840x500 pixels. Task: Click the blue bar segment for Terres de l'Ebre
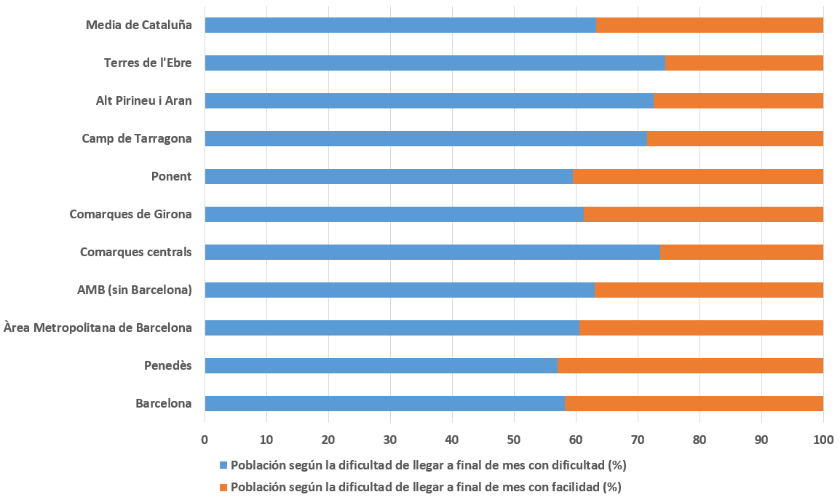click(435, 63)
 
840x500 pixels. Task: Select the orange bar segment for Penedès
click(690, 365)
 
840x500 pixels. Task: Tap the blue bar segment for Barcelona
click(384, 403)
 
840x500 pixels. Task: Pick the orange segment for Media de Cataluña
click(710, 25)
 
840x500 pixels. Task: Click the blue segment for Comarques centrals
click(432, 252)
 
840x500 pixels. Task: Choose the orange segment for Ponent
click(698, 176)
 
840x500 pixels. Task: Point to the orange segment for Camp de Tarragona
click(735, 138)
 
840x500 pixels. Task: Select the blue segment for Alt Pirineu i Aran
click(429, 100)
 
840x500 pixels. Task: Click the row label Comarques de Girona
click(130, 214)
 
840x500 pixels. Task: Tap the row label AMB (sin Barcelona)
click(134, 290)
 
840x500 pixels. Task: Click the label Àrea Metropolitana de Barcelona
click(98, 328)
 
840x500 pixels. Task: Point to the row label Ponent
click(171, 176)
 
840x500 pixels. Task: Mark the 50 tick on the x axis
click(514, 440)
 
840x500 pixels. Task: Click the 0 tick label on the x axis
click(205, 440)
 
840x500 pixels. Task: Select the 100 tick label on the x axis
click(823, 440)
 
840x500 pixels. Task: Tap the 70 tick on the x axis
click(638, 440)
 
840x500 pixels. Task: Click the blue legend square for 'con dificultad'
click(223, 465)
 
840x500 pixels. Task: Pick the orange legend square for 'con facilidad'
click(223, 487)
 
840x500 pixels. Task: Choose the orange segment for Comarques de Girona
click(703, 214)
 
